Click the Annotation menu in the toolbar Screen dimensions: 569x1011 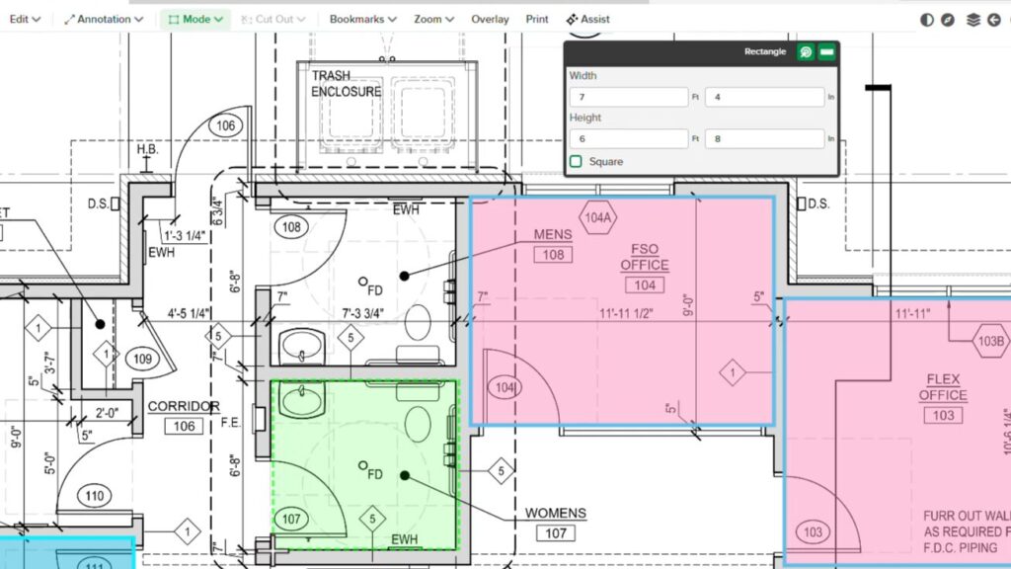tap(104, 19)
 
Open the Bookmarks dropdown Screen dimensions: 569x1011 tap(362, 19)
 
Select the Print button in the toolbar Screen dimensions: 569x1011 tap(537, 19)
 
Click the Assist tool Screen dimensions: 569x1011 tap(587, 19)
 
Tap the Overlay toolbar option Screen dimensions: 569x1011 tap(490, 19)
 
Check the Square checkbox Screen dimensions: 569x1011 tap(576, 161)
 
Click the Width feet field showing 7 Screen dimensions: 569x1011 tap(628, 97)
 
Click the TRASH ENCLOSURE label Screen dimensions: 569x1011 tap(346, 84)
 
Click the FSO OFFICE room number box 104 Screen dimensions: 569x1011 tap(645, 285)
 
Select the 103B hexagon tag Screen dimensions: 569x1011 tap(991, 341)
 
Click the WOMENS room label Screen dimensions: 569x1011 tap(555, 514)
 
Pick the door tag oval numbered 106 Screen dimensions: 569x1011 tap(226, 125)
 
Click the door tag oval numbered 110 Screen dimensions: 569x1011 tap(95, 496)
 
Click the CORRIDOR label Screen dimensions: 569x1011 tap(183, 407)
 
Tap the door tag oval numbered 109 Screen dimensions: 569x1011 tap(142, 359)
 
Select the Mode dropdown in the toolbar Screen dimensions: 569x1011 tap(194, 19)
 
